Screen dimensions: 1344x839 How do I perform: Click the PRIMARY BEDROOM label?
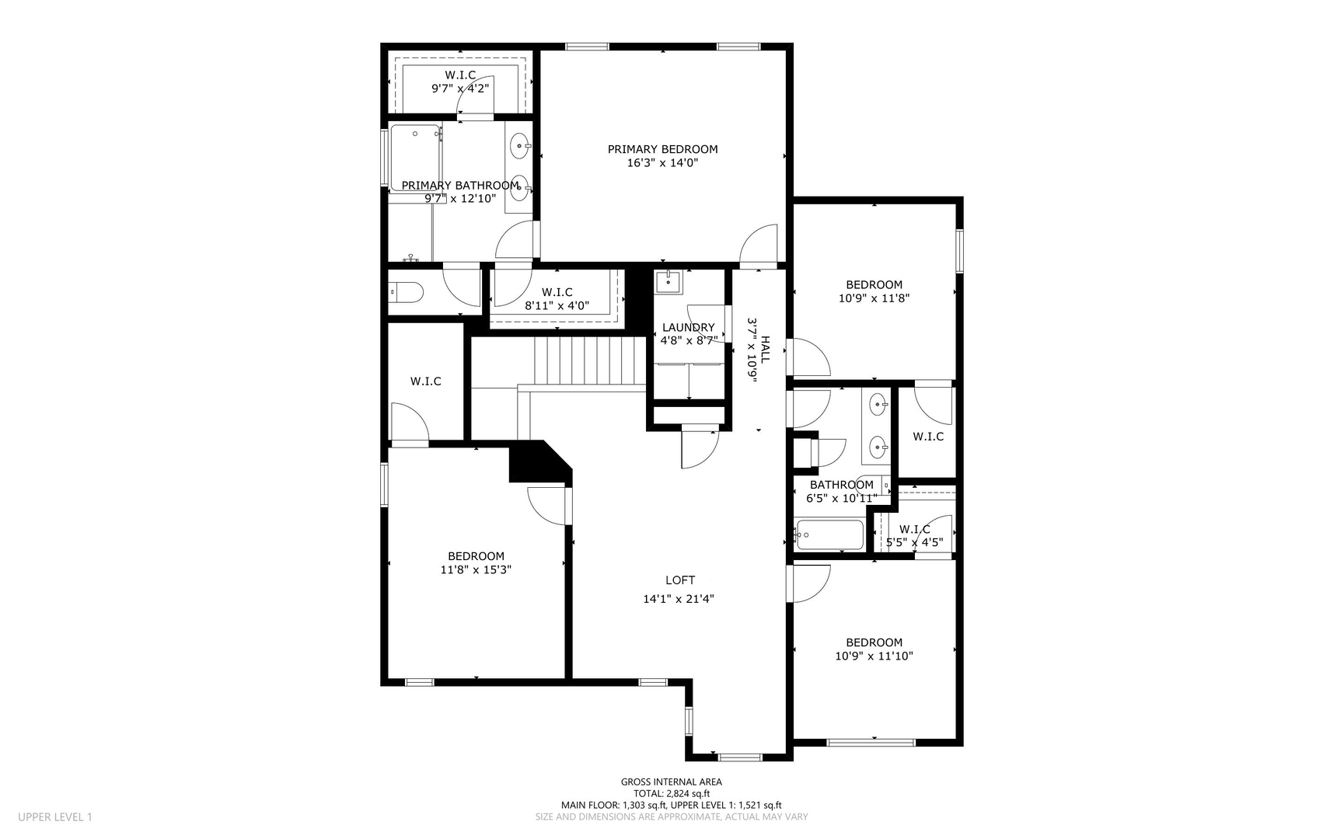pos(662,149)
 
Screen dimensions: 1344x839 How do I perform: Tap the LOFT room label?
pos(680,580)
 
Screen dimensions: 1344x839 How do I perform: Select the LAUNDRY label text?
pos(688,327)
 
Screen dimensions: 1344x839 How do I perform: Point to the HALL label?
pos(765,350)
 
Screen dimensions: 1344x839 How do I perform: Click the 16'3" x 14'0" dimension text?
pos(662,163)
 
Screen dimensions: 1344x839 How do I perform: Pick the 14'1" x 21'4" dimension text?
pos(679,599)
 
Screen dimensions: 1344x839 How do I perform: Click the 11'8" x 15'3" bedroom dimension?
pos(476,569)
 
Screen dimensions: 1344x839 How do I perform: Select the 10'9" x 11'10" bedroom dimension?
pos(874,656)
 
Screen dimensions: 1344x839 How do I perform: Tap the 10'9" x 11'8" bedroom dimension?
pos(874,298)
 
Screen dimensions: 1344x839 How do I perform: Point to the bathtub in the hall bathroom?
pos(829,535)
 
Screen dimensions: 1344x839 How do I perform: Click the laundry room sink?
pos(668,282)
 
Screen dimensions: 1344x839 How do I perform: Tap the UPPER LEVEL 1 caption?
pos(55,817)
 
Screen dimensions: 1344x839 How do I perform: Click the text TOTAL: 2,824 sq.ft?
pos(672,794)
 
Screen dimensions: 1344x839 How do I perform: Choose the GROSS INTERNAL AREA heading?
pos(672,782)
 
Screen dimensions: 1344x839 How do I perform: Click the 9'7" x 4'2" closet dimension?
pos(460,89)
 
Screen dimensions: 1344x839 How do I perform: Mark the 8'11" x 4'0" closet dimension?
pos(557,306)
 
